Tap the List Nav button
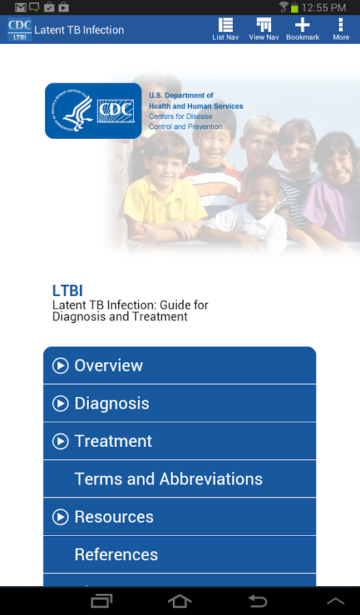pyautogui.click(x=225, y=29)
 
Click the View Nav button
pyautogui.click(x=264, y=29)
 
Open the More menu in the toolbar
pyautogui.click(x=341, y=29)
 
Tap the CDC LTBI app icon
pyautogui.click(x=19, y=30)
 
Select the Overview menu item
pyautogui.click(x=180, y=366)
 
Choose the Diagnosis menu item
pyautogui.click(x=180, y=403)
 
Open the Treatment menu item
pyautogui.click(x=180, y=441)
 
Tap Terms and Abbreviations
pyautogui.click(x=180, y=479)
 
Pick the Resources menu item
pyautogui.click(x=180, y=517)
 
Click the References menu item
pyautogui.click(x=180, y=555)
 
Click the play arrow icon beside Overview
pyautogui.click(x=60, y=366)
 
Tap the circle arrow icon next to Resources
pyautogui.click(x=60, y=517)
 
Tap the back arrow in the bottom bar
pyautogui.click(x=258, y=601)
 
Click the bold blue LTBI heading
pyautogui.click(x=68, y=290)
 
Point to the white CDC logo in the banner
pyautogui.click(x=114, y=110)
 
